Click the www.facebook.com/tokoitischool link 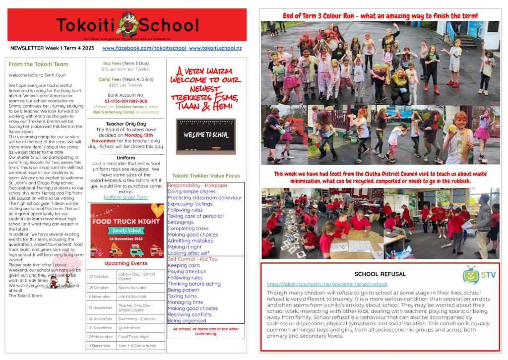(x=144, y=48)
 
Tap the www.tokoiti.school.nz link (x=215, y=48)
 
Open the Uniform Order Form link (x=126, y=197)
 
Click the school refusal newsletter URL (x=327, y=284)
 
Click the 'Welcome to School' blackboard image (x=205, y=135)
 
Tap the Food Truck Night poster (x=127, y=231)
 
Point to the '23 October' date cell (x=99, y=276)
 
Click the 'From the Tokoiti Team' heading (x=39, y=64)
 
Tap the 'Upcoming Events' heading (x=126, y=263)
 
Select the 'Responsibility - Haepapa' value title (x=197, y=185)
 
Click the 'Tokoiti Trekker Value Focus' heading (x=205, y=176)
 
